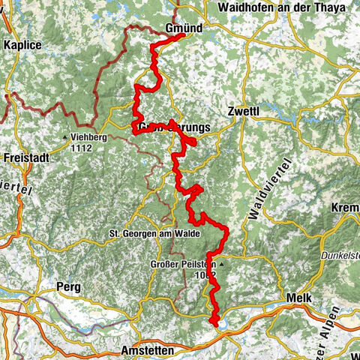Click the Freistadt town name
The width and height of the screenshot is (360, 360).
click(25, 158)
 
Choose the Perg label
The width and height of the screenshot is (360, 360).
click(68, 286)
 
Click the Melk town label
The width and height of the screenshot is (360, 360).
click(298, 298)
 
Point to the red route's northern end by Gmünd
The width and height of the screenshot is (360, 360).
click(183, 35)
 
